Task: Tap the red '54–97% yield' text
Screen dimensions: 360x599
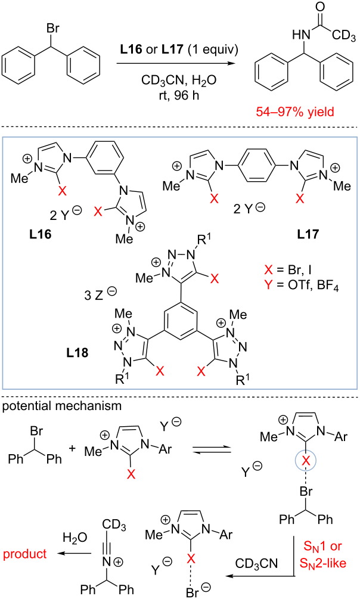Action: [x=296, y=111]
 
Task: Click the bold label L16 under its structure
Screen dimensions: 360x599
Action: [x=40, y=234]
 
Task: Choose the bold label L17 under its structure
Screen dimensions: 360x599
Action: [x=308, y=234]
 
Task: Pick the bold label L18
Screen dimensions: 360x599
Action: [x=77, y=352]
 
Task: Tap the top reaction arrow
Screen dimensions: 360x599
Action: [x=176, y=64]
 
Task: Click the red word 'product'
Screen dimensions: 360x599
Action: [x=25, y=554]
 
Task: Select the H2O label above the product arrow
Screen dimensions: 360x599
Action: [x=75, y=538]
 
